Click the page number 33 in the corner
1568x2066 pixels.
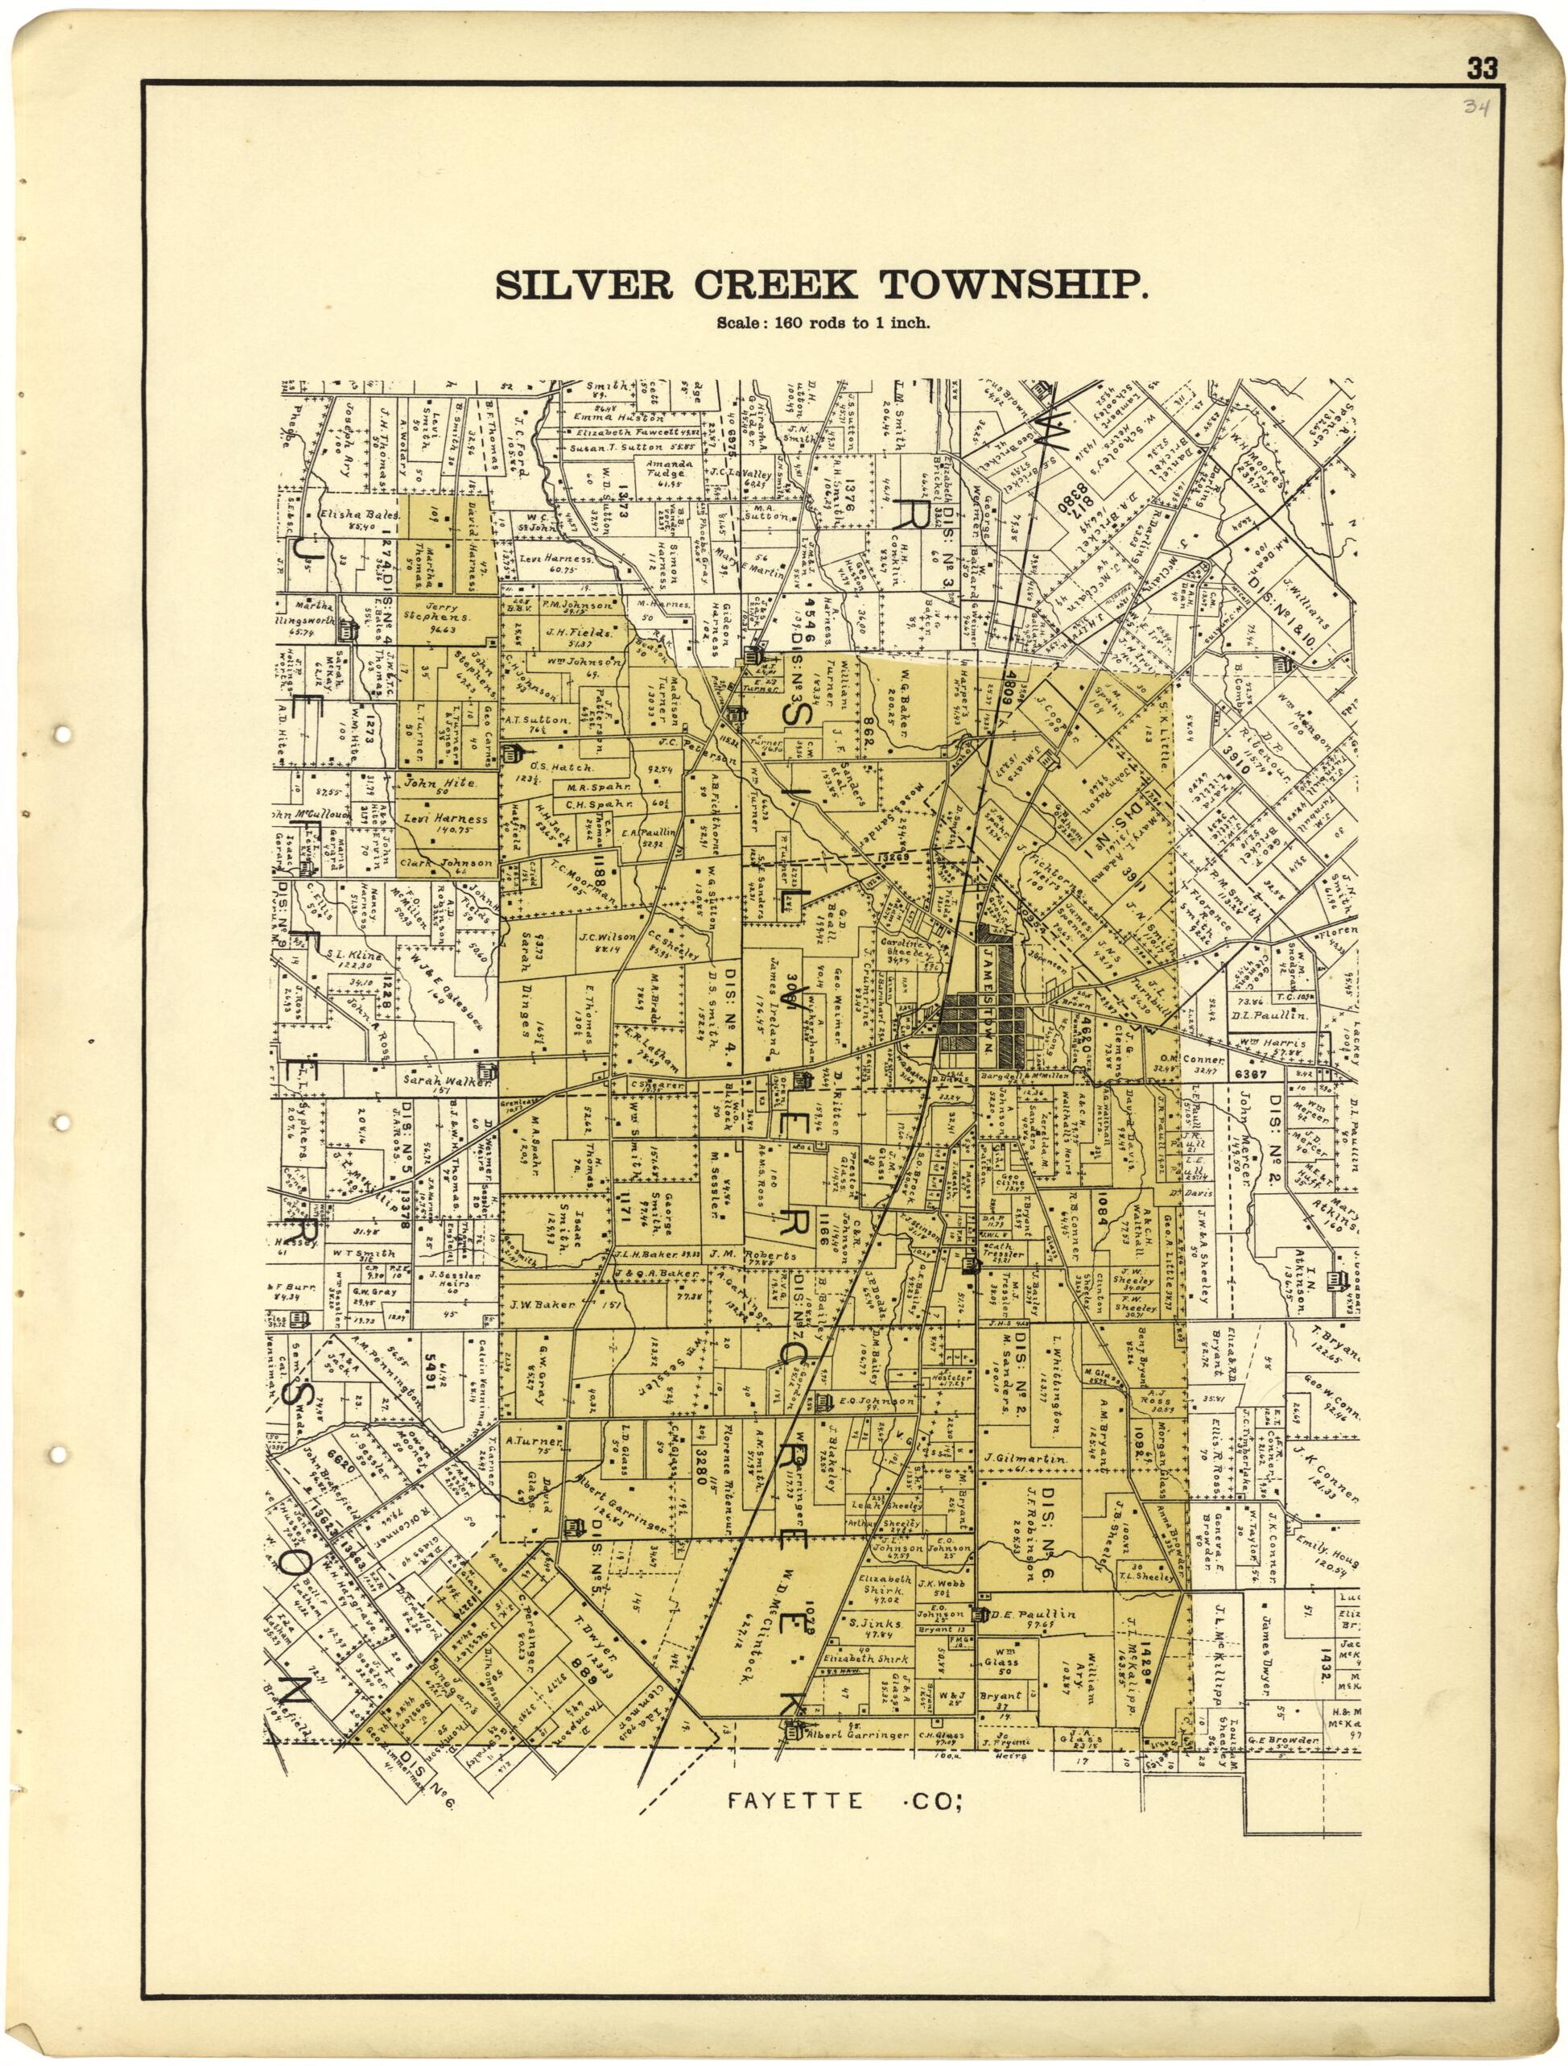click(1482, 68)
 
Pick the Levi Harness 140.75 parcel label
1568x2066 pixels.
click(445, 823)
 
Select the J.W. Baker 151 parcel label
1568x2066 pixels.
click(543, 1305)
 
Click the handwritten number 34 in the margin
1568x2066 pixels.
click(1475, 105)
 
